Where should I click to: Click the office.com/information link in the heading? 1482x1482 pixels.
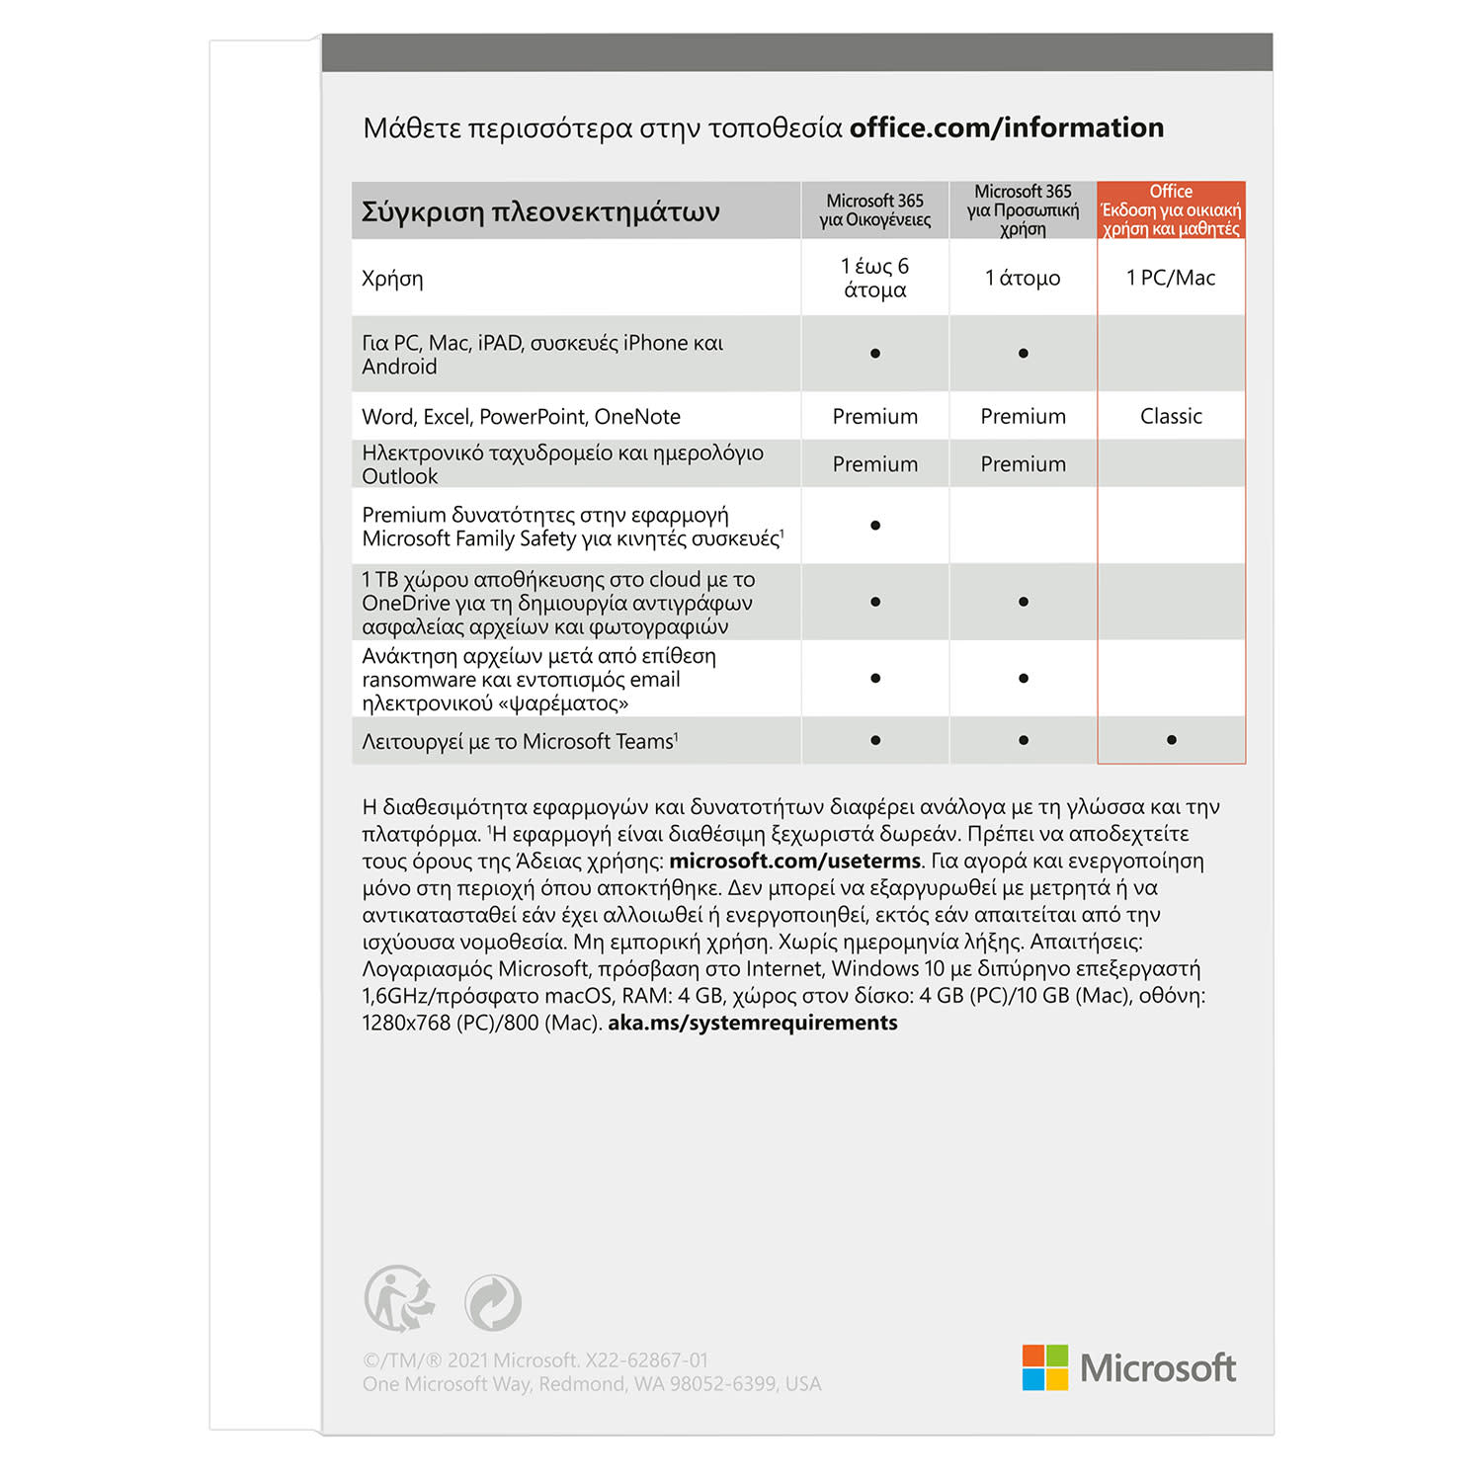(x=1006, y=127)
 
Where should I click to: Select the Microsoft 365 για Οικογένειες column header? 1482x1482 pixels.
(x=874, y=210)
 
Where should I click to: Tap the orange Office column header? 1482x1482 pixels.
(x=1171, y=209)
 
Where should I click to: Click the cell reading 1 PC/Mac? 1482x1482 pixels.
(x=1171, y=278)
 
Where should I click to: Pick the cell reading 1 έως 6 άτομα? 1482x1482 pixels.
(x=874, y=278)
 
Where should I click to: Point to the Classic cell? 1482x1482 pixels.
(x=1171, y=416)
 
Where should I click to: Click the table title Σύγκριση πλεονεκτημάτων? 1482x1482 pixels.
(x=540, y=211)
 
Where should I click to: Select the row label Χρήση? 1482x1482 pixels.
(x=392, y=279)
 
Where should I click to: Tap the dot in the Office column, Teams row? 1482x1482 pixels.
(x=1171, y=740)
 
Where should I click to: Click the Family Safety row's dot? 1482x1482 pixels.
(x=875, y=526)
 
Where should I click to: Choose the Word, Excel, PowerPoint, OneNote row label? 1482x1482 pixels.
(x=521, y=416)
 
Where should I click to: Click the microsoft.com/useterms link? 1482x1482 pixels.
(x=794, y=861)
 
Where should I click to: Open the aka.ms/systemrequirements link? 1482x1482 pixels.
(x=752, y=1023)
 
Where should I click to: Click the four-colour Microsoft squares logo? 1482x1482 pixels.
(x=1044, y=1367)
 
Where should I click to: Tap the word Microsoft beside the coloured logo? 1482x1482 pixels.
(x=1157, y=1368)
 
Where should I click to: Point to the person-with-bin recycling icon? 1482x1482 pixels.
(x=399, y=1299)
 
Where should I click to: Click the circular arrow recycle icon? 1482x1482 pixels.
(x=493, y=1302)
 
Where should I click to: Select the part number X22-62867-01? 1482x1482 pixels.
(x=646, y=1360)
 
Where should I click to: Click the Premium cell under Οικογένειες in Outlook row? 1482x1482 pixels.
(x=874, y=464)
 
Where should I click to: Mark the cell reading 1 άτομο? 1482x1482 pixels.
(x=1023, y=278)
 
